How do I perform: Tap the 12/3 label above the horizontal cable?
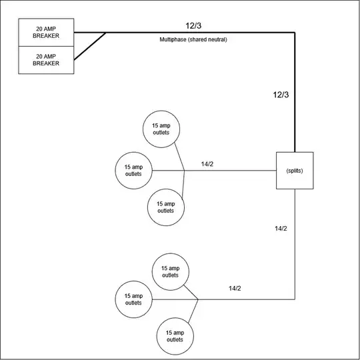(194, 25)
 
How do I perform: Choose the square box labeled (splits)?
(295, 171)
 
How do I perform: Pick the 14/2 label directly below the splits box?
(281, 229)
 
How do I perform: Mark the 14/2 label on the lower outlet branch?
(234, 288)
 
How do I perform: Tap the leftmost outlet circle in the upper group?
(134, 171)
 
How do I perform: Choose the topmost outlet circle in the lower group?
(170, 271)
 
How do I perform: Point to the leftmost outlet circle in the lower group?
(134, 299)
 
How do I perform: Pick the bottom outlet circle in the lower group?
(175, 335)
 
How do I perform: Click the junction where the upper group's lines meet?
(184, 171)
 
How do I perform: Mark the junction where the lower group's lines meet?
(198, 299)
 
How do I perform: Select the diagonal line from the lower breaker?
(89, 47)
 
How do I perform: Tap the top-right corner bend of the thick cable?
(295, 33)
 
